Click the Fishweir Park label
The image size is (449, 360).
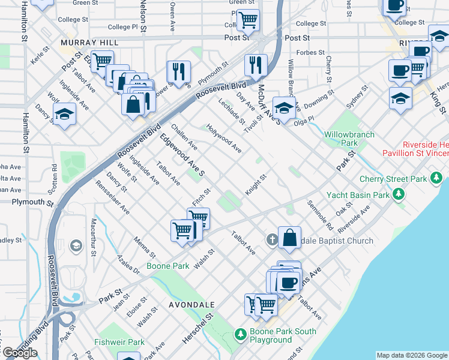point(119,343)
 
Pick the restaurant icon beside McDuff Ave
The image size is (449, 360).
point(256,65)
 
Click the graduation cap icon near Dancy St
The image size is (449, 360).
point(64,112)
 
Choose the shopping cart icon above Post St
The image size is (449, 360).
point(247,20)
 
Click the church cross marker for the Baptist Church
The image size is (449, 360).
point(271,240)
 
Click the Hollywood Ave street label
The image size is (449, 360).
point(224,138)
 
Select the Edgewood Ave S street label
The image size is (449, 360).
point(182,155)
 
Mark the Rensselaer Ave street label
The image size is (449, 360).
point(112,198)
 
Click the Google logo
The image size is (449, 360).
point(19,353)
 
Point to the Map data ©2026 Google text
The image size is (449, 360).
point(412,355)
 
